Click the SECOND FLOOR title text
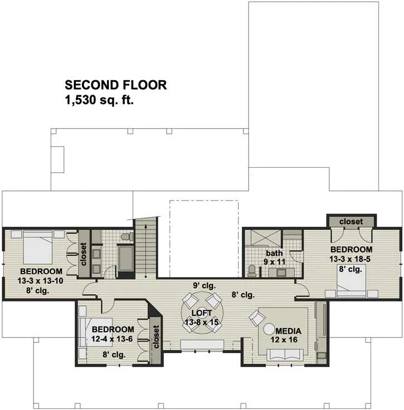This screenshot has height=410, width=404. click(115, 85)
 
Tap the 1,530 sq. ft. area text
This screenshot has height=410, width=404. click(99, 100)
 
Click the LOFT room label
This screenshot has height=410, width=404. click(202, 313)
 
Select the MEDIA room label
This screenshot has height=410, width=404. click(288, 331)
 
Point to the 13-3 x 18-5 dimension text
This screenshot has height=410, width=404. click(350, 259)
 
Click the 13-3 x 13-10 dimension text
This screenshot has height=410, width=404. click(40, 281)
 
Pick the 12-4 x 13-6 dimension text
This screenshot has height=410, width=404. click(112, 339)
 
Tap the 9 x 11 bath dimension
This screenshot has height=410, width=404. click(274, 262)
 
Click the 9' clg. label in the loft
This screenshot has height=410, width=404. click(205, 286)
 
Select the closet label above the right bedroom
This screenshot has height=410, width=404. click(351, 222)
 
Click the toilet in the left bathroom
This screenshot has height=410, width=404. click(128, 237)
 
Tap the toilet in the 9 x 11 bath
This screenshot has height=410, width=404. click(252, 271)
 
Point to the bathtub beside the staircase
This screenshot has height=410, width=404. click(126, 258)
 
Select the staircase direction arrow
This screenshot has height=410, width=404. click(145, 251)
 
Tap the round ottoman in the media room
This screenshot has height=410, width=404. click(269, 329)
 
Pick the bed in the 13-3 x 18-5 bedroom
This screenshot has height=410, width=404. click(351, 281)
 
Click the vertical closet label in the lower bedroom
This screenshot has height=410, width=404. click(156, 336)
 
